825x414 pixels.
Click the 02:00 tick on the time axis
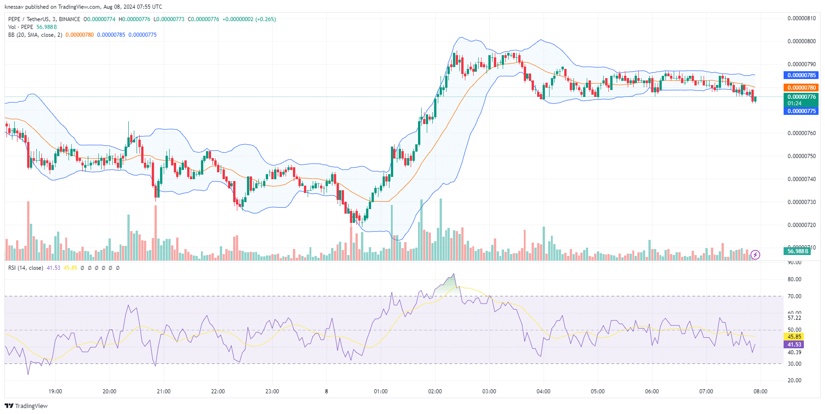[x=435, y=391]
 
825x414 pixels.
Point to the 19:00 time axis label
[x=55, y=391]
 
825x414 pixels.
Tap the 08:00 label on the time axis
[x=760, y=391]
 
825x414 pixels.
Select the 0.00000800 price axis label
[x=802, y=41]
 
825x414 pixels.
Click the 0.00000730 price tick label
[x=802, y=202]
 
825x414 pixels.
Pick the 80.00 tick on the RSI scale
[x=794, y=279]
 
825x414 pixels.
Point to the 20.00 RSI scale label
[x=794, y=380]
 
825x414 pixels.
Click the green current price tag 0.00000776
[x=801, y=97]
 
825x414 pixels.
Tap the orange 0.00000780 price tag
[x=801, y=88]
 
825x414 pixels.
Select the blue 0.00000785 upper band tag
[x=801, y=75]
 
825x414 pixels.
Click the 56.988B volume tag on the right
[x=797, y=251]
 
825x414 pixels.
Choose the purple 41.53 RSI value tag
[x=794, y=345]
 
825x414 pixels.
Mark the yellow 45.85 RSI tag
[x=794, y=337]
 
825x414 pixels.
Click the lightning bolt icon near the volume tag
[x=755, y=255]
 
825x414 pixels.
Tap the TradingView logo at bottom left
[x=26, y=406]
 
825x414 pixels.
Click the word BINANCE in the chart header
[x=69, y=19]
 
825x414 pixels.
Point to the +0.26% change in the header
[x=265, y=19]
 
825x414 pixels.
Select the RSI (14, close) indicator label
[x=26, y=268]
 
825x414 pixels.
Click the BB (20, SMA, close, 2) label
[x=35, y=35]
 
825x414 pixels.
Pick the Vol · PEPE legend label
[x=21, y=27]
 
